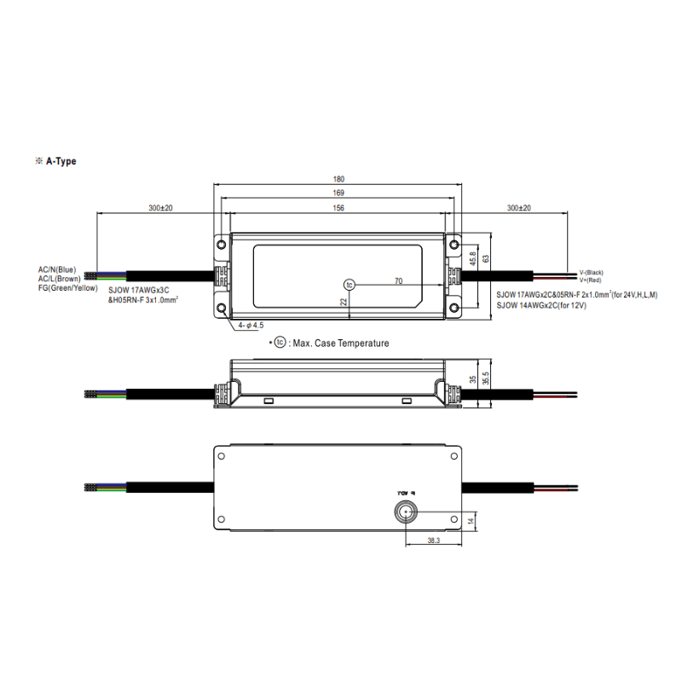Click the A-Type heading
click(x=61, y=161)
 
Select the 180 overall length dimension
click(x=338, y=179)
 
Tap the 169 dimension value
click(x=338, y=194)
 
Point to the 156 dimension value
click(x=338, y=208)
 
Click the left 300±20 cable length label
click(x=160, y=208)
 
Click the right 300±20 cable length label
click(x=518, y=208)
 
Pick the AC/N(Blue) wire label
click(x=57, y=269)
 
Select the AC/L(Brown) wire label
click(x=59, y=278)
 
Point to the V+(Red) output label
click(x=590, y=280)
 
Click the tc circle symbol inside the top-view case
click(x=348, y=284)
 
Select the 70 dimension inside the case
click(x=398, y=280)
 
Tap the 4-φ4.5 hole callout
click(x=251, y=325)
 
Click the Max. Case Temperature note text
click(x=339, y=343)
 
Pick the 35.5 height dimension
click(x=486, y=380)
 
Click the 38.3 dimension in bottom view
click(x=435, y=541)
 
